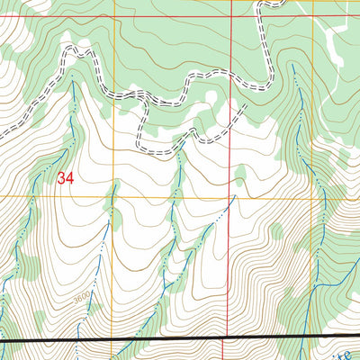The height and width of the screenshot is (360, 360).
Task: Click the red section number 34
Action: pos(64,178)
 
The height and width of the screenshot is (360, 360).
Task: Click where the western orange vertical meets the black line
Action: pos(115,340)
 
